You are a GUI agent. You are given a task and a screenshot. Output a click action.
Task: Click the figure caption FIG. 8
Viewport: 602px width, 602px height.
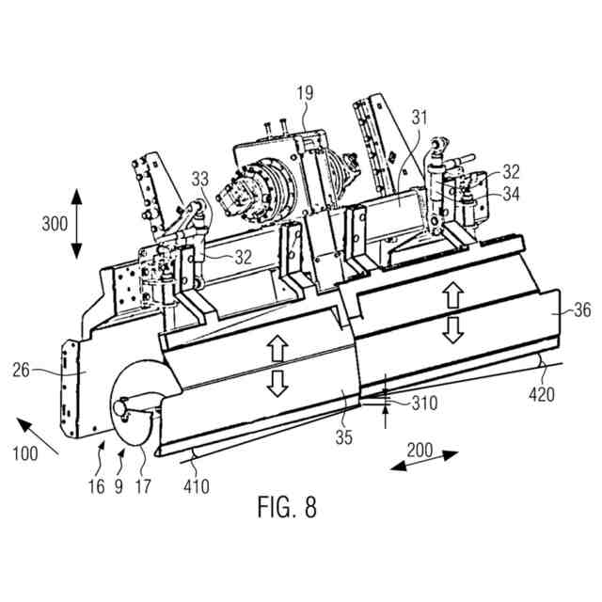point(287,507)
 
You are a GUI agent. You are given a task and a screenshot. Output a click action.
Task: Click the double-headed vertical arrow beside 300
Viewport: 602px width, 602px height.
point(76,225)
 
